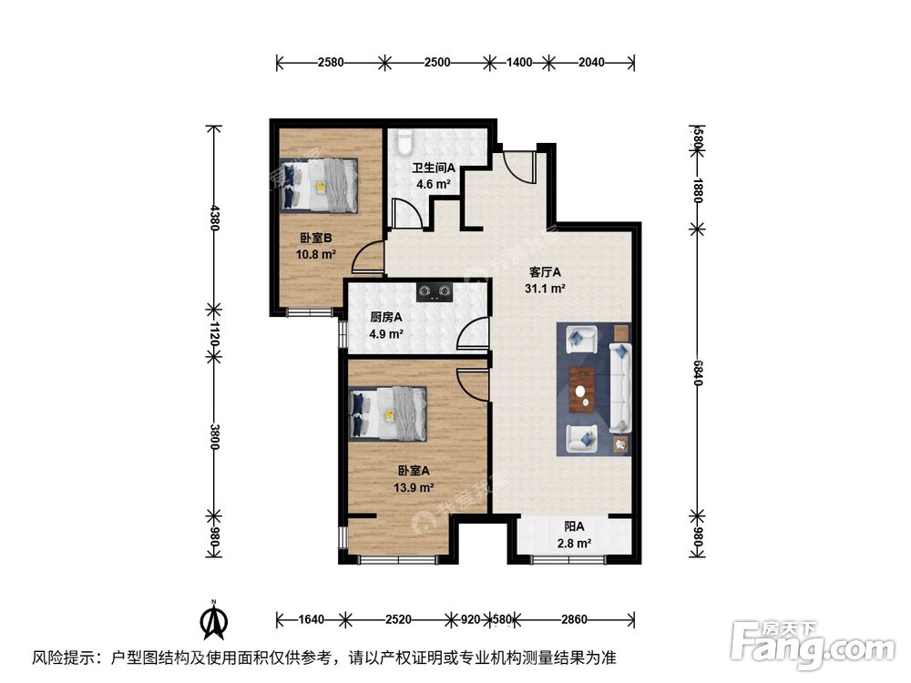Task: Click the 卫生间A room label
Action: (434, 168)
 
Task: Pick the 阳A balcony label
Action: (574, 526)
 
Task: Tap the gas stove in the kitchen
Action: (435, 292)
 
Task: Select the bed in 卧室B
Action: (320, 185)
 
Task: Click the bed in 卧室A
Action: (389, 414)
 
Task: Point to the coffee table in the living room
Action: (581, 389)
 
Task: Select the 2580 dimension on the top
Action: (331, 63)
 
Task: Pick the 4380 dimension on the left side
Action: (215, 218)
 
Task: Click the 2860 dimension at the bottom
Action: (574, 620)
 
